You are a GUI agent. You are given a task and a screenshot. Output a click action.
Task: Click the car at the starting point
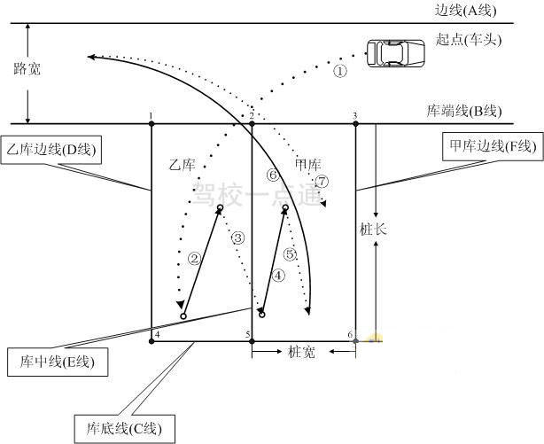point(396,53)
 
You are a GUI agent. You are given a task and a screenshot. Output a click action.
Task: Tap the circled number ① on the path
point(340,71)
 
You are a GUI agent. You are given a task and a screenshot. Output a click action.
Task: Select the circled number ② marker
point(194,258)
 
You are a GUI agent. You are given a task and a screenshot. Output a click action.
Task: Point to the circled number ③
point(238,238)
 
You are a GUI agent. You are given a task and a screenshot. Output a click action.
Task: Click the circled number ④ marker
point(278,276)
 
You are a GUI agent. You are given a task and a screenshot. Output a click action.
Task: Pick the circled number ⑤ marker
point(290,254)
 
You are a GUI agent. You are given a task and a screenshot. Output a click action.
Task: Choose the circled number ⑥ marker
point(273,175)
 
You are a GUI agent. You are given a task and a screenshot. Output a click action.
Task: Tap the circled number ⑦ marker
point(323,181)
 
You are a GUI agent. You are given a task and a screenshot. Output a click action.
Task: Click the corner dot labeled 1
point(152,123)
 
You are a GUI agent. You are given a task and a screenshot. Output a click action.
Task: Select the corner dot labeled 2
point(252,123)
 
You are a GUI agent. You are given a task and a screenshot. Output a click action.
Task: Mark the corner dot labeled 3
point(355,123)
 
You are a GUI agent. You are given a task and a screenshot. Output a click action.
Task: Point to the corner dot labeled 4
point(152,341)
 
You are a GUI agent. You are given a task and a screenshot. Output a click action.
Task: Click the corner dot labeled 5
point(252,341)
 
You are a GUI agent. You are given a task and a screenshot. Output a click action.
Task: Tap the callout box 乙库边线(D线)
point(51,150)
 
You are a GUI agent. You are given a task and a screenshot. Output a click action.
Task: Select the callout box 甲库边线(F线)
point(493,146)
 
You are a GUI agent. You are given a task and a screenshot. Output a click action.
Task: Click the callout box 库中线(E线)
point(58,362)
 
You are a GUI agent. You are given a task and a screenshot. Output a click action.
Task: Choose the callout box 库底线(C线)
point(125,429)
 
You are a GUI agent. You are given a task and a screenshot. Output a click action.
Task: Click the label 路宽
point(27,69)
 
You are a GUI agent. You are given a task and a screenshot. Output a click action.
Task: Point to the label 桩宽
point(301,352)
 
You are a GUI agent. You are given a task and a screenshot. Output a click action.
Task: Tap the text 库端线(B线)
point(464,111)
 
